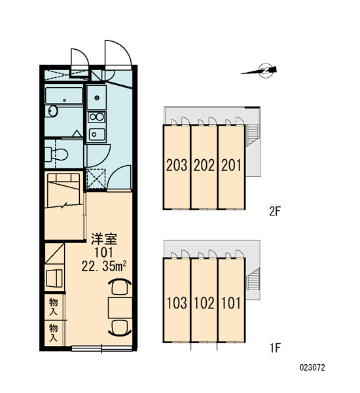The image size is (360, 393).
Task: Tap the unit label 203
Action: pos(177,166)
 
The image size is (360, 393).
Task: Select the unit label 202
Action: pos(204,166)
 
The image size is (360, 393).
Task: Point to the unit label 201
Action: pos(231,166)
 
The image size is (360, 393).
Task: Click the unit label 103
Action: pos(177,303)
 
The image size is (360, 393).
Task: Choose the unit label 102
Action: pos(204,303)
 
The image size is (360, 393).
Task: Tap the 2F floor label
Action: pos(274,212)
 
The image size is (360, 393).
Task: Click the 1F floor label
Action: pos(275,348)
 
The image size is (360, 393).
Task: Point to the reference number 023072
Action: pos(312,367)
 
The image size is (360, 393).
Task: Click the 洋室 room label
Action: pos(103,239)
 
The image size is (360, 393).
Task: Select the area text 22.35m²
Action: pos(103,266)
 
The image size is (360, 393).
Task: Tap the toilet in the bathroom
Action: pos(56,154)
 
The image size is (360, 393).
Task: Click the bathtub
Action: pos(64,96)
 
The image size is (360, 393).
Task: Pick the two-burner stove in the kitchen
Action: pos(96,117)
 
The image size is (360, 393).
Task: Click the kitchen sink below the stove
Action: pos(97,134)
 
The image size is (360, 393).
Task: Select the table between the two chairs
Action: pos(120,308)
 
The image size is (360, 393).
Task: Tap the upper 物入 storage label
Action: pos(54,307)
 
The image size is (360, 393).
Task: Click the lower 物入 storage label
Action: pos(54,333)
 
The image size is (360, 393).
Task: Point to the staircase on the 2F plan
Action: pos(253,135)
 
